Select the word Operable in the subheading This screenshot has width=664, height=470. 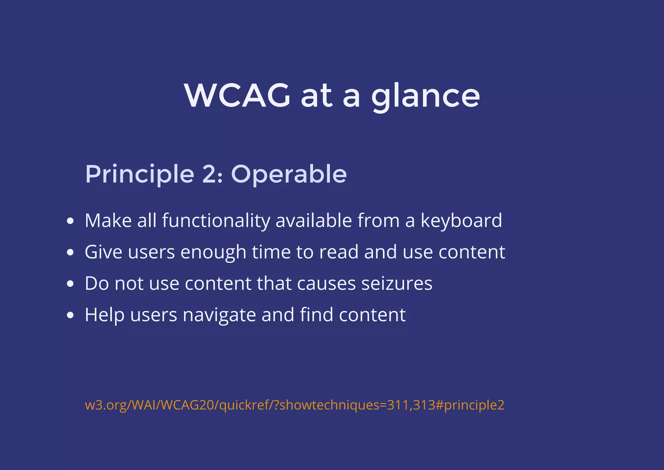point(289,174)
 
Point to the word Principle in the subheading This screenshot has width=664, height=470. point(139,175)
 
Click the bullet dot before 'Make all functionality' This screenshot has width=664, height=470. point(70,221)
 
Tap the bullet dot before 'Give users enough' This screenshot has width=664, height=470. point(70,252)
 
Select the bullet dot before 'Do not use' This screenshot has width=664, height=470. point(70,284)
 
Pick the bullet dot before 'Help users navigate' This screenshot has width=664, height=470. point(70,315)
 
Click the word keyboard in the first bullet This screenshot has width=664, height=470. point(461,221)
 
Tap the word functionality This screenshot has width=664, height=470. point(216,221)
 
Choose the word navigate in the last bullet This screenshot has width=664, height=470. point(219,315)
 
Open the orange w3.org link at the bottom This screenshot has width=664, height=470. point(294,405)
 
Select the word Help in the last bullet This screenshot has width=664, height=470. point(104,315)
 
